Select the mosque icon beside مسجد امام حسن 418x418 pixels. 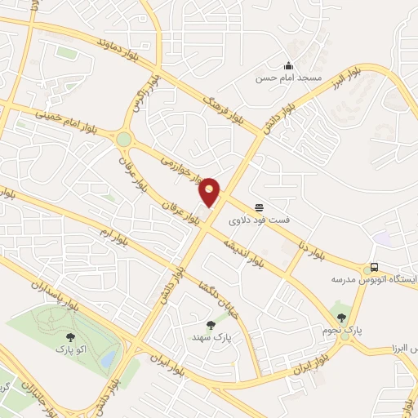click(x=287, y=65)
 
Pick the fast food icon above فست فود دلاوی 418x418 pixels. click(x=259, y=207)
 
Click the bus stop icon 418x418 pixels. click(x=374, y=267)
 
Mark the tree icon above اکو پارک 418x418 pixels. click(x=68, y=336)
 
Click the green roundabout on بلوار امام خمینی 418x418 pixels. click(x=124, y=140)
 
